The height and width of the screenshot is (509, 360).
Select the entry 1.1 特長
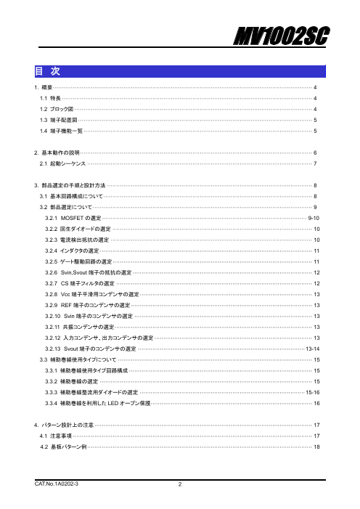click(52, 97)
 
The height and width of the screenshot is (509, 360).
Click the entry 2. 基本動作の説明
click(58, 153)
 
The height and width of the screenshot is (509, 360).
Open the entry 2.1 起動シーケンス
click(62, 164)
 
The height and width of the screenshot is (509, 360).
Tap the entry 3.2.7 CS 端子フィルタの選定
click(79, 282)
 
